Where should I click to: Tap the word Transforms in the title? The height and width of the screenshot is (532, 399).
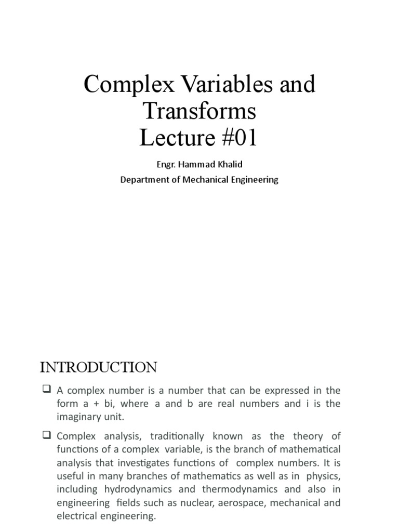coord(199,111)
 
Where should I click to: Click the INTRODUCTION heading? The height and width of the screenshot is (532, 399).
coord(99,368)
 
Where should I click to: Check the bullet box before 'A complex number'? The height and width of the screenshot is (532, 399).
coord(46,390)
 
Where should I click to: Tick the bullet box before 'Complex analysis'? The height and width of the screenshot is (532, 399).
coord(46,435)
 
